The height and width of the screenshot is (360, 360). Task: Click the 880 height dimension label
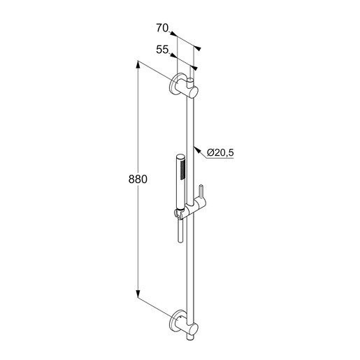(138, 180)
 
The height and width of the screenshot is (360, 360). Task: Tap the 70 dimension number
(162, 28)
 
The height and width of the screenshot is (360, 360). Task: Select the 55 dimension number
(162, 50)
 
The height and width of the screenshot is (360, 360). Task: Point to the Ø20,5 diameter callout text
(220, 153)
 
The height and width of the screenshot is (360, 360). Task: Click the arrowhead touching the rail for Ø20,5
(197, 150)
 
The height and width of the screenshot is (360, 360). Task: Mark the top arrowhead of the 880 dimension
(138, 64)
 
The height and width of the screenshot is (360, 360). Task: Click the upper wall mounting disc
(176, 84)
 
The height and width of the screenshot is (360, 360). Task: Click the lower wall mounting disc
(176, 322)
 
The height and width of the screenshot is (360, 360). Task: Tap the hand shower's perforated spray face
(183, 171)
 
